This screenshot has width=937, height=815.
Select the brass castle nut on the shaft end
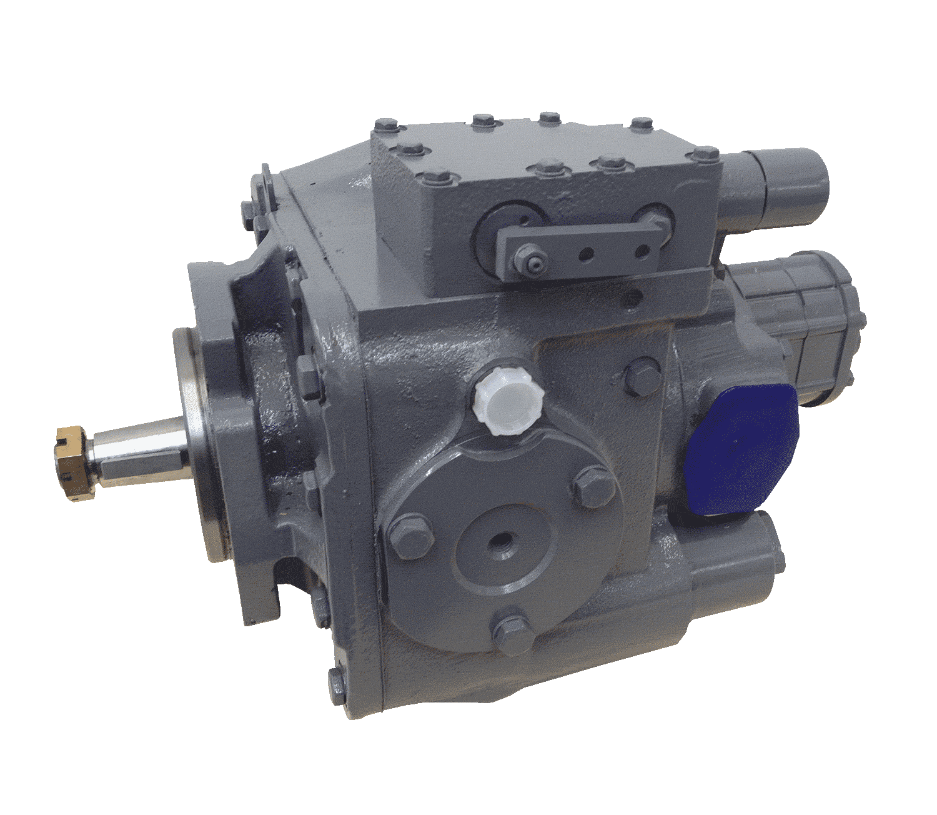[x=70, y=461]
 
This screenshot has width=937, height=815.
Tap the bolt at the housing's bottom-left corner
[x=338, y=687]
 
